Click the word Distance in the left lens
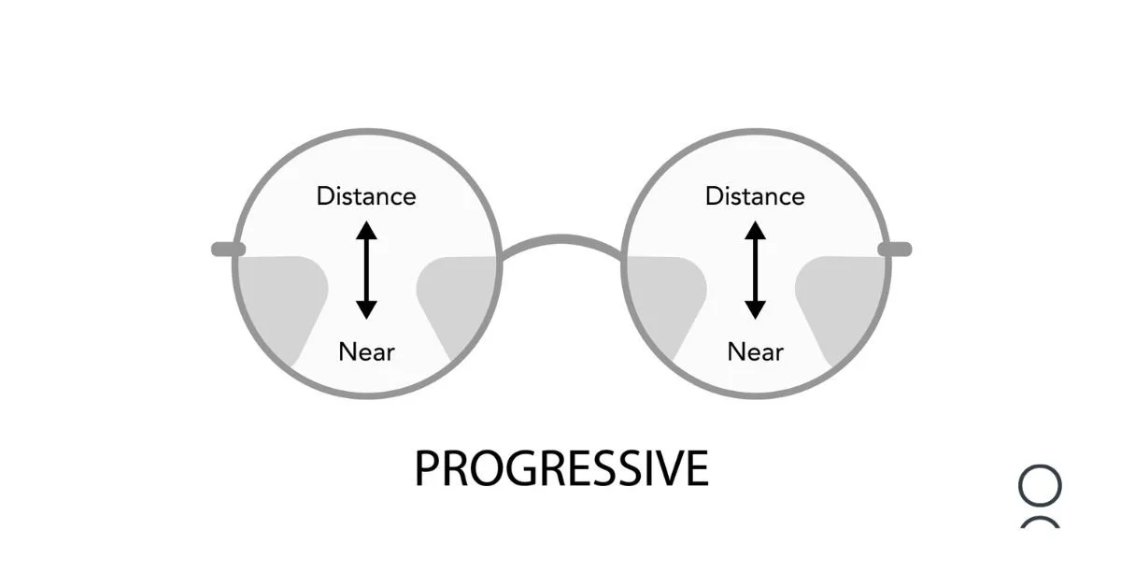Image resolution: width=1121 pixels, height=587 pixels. coord(366,196)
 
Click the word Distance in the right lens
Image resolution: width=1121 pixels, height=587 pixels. coord(755,196)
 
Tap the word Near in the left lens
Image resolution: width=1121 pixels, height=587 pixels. coord(366,352)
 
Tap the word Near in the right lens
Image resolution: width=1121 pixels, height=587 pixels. coord(755,352)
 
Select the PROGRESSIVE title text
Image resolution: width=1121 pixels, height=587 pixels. coord(561,469)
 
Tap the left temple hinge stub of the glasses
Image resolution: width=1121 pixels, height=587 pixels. coord(227,249)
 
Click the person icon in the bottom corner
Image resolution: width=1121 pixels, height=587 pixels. coord(1040,495)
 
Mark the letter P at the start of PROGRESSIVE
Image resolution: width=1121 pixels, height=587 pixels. coord(427,469)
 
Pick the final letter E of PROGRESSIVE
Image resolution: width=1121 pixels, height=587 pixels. coord(697,469)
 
